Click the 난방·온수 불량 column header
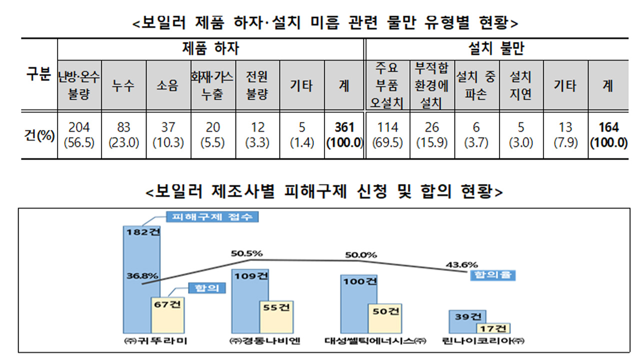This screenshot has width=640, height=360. pos(79,85)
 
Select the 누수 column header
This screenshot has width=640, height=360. pos(124,85)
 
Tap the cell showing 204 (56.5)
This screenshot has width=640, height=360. pos(79,135)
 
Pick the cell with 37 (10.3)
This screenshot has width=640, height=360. pos(168,135)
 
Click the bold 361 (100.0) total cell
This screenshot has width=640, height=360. pos(344,135)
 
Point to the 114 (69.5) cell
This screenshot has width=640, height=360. pos(388,135)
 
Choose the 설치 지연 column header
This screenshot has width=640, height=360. pos(520,85)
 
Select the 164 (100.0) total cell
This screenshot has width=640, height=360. pos(608,135)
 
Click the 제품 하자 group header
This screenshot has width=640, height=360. pos(210,49)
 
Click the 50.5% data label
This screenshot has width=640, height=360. pos(246,253)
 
